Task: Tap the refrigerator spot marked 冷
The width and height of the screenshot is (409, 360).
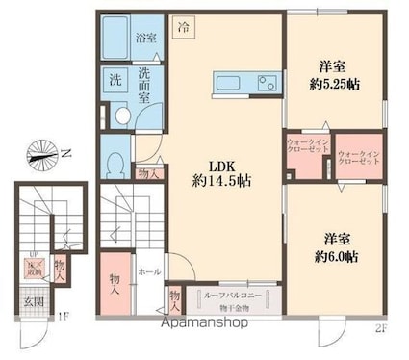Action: pyautogui.click(x=183, y=29)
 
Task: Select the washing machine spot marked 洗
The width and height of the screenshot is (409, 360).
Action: pyautogui.click(x=114, y=79)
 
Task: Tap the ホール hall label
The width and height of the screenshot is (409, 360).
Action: pyautogui.click(x=148, y=272)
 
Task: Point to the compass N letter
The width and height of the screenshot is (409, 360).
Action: pyautogui.click(x=66, y=150)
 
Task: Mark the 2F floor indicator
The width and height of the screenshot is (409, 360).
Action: pyautogui.click(x=381, y=330)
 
